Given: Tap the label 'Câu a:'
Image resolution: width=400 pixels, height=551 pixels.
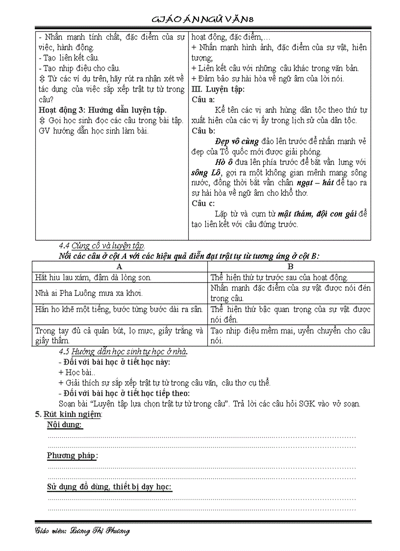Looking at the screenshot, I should click(x=203, y=100).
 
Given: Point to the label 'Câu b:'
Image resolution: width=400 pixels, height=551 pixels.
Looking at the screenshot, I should click(x=203, y=131).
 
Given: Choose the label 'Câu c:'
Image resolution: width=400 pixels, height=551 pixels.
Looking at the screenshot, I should click(x=203, y=203).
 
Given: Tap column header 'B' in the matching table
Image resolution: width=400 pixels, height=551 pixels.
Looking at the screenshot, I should click(x=291, y=266).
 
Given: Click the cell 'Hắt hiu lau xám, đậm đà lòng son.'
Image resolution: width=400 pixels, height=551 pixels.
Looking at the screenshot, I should click(x=93, y=277).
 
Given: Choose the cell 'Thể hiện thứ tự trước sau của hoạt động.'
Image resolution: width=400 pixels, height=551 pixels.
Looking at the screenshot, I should click(x=279, y=277).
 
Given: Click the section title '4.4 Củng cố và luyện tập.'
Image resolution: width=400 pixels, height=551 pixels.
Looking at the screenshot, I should click(x=102, y=246).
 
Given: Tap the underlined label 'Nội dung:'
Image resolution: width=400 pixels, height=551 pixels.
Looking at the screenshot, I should click(x=65, y=425).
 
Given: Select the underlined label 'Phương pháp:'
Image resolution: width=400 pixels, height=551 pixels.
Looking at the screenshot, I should click(x=72, y=456).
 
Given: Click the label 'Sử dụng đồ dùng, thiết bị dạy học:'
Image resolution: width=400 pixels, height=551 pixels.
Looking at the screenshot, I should click(x=109, y=487).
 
